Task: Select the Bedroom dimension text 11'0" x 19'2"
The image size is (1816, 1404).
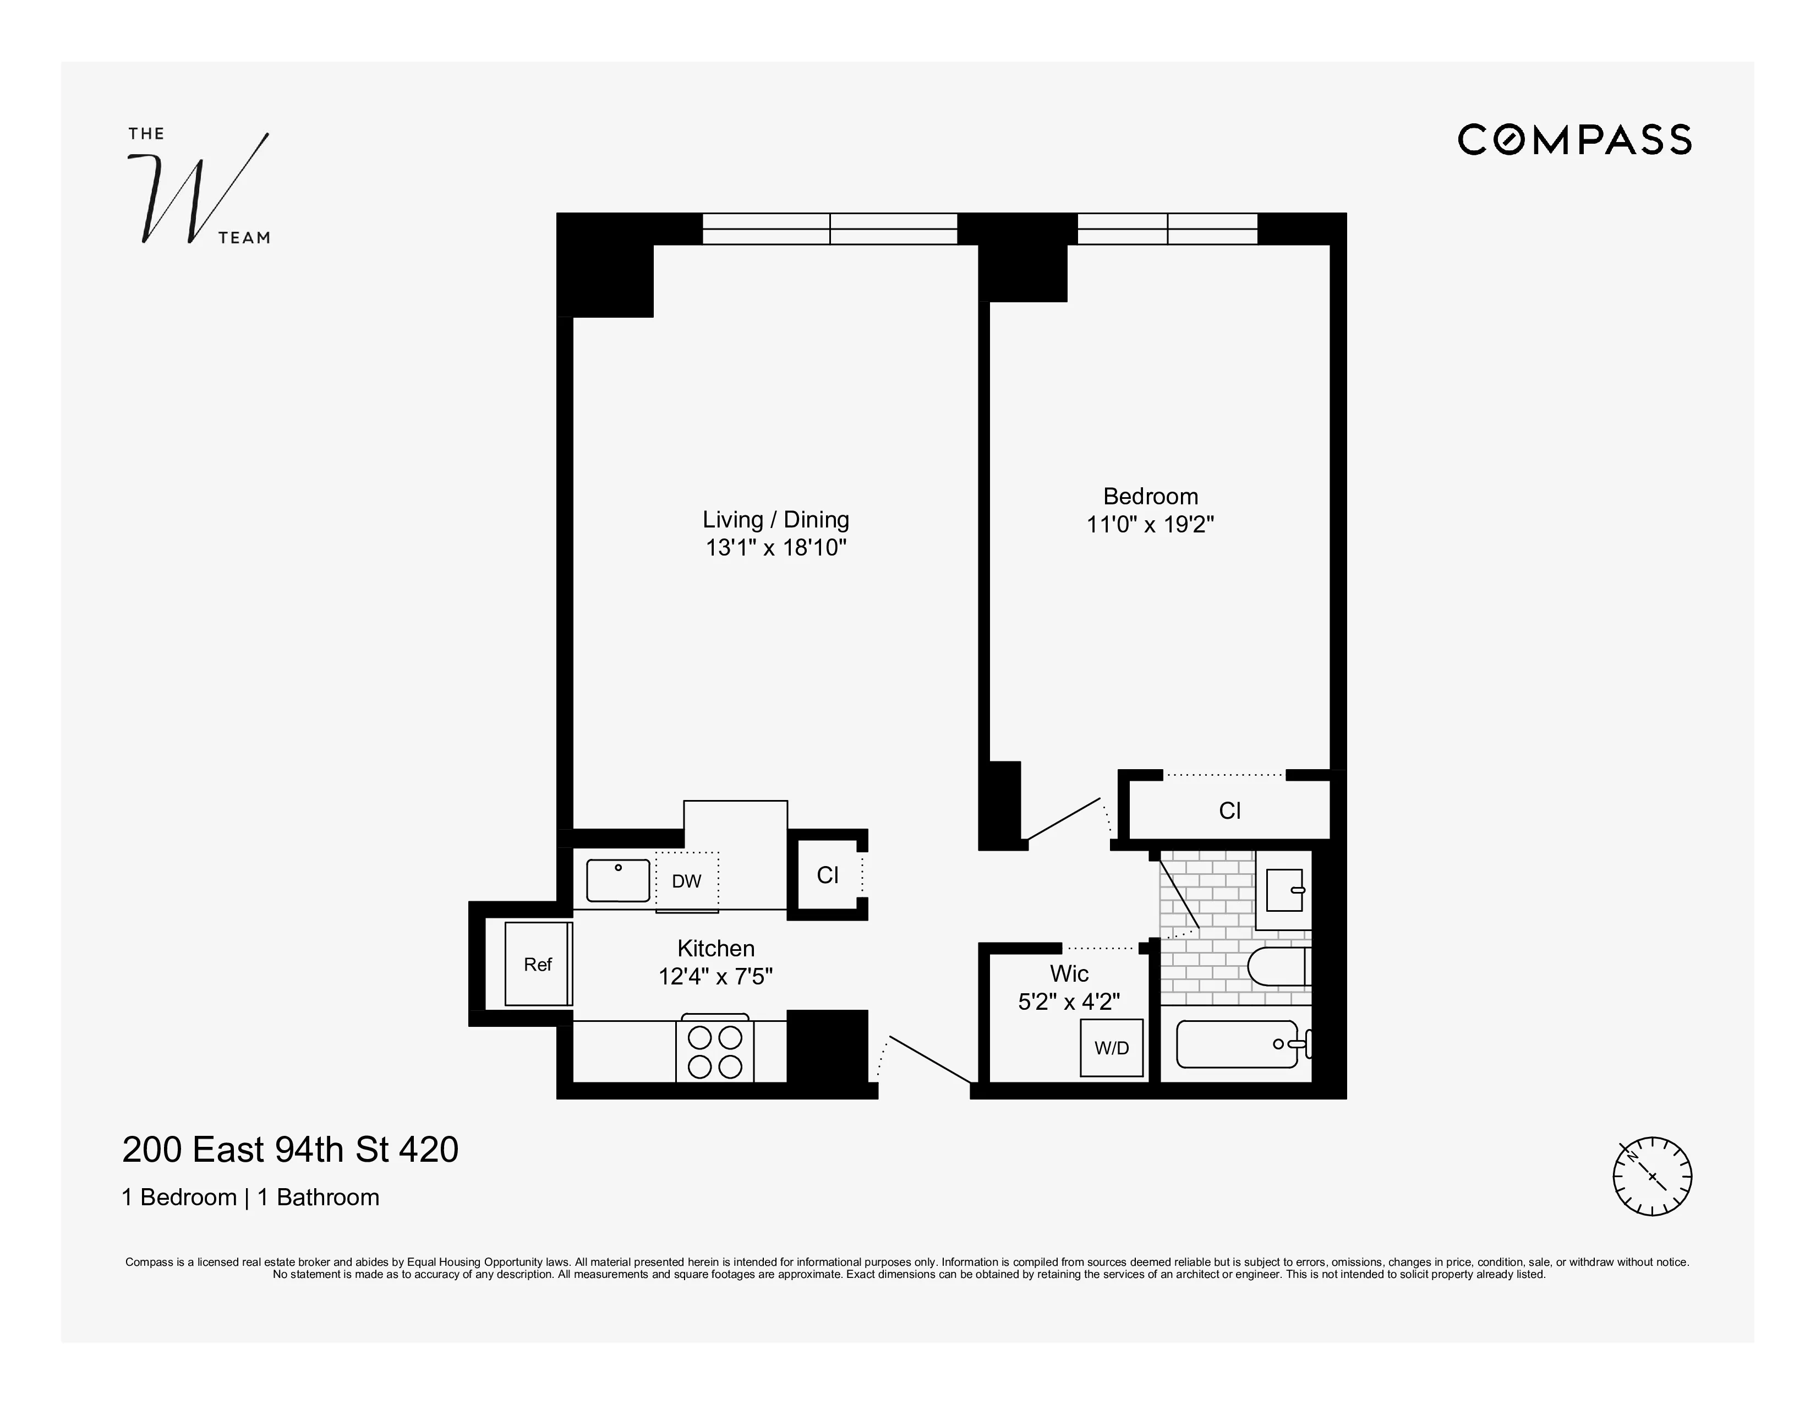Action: point(1150,525)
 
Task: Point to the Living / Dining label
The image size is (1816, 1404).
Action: point(775,519)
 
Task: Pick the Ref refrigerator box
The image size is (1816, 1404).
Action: point(538,964)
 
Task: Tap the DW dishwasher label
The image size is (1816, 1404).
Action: point(686,881)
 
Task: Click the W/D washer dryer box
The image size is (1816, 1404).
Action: point(1111,1048)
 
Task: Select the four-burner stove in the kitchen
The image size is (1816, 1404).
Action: point(714,1051)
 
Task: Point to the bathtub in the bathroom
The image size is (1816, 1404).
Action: point(1237,1044)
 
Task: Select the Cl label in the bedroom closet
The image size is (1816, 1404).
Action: point(1229,811)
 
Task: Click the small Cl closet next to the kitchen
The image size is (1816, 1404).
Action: point(827,875)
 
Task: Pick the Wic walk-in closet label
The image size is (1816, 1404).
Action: point(1069,973)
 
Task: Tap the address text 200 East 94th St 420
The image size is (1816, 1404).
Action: point(290,1150)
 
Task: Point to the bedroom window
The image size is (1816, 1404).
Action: point(1167,228)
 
